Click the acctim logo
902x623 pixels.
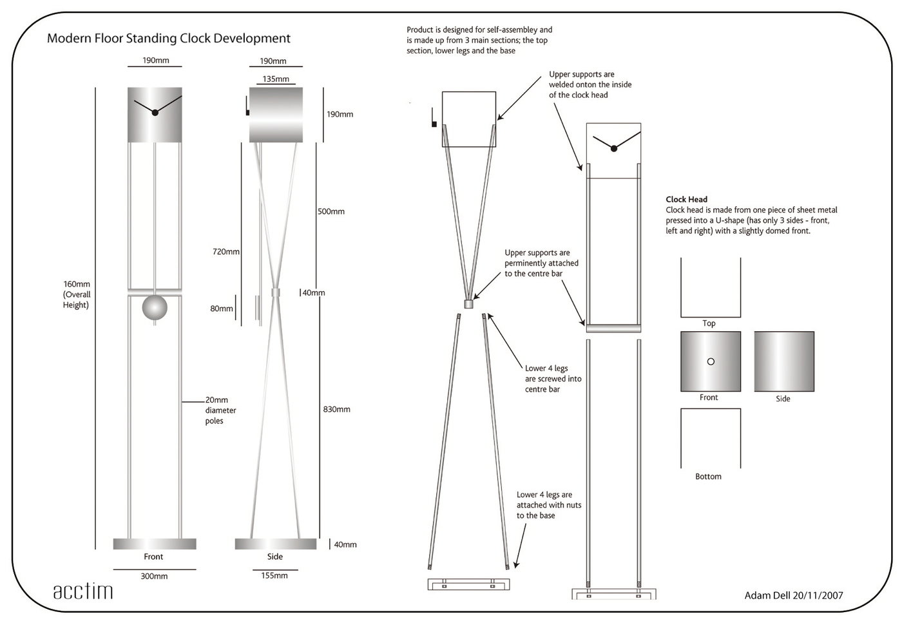coord(82,591)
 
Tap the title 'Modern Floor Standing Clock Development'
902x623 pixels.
coord(169,39)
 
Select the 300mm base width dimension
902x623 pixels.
coord(154,576)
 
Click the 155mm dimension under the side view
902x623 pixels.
coord(274,575)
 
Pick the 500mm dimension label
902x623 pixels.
coord(331,211)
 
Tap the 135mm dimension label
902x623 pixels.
coord(275,79)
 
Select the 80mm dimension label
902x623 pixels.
coord(222,309)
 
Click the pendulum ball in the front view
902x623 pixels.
coord(155,307)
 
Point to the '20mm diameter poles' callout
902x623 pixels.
coord(220,410)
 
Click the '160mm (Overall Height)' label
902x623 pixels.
coord(77,294)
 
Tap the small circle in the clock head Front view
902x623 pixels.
coord(711,361)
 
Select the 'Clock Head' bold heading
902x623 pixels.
coord(686,200)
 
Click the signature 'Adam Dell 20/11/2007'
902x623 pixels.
coord(793,595)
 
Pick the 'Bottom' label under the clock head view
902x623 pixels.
coord(708,477)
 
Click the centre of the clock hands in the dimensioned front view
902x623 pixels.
coord(155,113)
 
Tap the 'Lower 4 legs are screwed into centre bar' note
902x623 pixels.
coord(553,379)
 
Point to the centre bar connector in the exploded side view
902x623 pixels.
coord(468,303)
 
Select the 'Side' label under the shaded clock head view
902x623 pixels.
coord(783,399)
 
